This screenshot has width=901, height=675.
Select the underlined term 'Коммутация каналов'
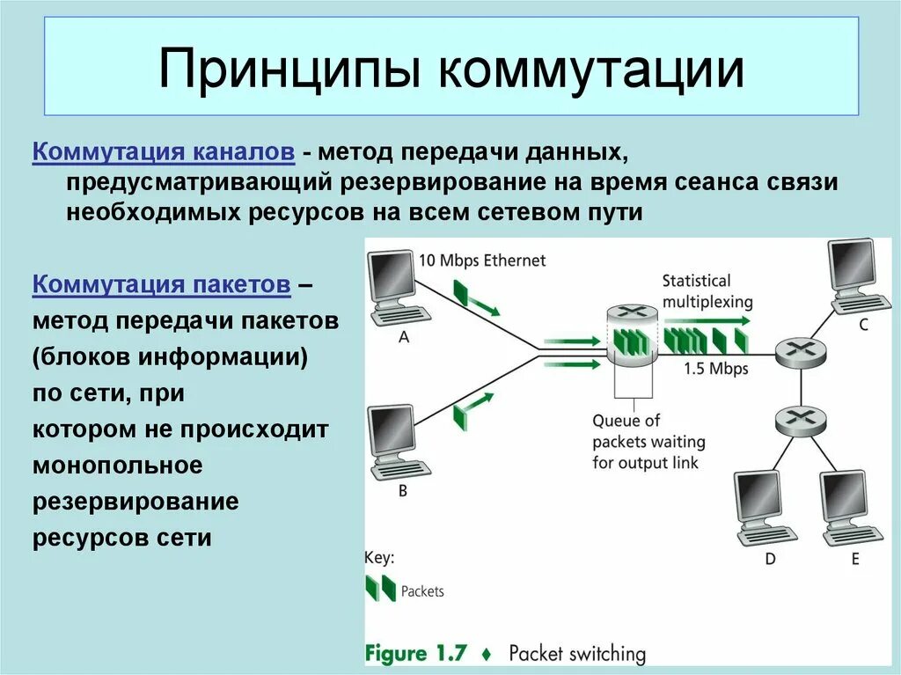coord(164,152)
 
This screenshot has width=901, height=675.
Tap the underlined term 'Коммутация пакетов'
coord(162,285)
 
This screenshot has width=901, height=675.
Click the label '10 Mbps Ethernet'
coord(481,260)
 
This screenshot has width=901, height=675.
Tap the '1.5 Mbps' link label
coord(715,369)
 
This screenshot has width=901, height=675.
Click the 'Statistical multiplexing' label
coord(707,291)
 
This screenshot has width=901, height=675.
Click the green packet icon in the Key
coord(380,589)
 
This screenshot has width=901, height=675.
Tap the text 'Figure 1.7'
coord(419,653)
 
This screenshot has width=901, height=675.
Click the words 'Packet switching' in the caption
coord(576,654)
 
